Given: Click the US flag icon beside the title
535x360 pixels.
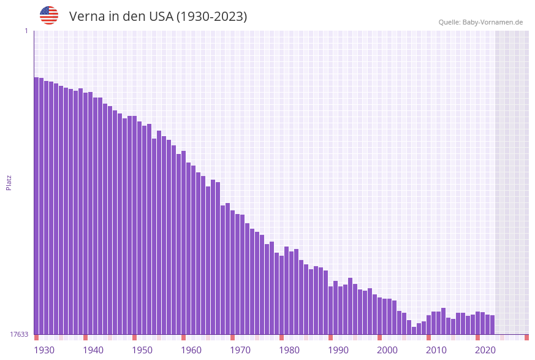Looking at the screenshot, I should (49, 15).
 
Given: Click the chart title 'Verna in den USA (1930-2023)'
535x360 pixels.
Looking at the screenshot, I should (158, 17).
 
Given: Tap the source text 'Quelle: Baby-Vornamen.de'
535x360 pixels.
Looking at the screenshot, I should (480, 22).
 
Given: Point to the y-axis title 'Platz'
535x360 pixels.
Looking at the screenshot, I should (9, 183).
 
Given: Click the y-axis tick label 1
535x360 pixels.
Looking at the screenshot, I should (26, 31).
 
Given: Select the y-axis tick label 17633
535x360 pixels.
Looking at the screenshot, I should (19, 334).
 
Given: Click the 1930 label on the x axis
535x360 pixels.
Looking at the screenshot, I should (44, 350).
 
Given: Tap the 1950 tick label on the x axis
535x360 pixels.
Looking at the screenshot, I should (142, 350).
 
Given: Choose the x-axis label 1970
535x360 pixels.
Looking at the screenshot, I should (240, 350).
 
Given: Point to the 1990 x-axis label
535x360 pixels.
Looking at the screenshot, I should (338, 350).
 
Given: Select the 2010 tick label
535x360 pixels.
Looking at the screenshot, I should (436, 350).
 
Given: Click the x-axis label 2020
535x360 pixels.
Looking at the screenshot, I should (485, 350).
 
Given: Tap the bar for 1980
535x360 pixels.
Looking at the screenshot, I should (281, 294).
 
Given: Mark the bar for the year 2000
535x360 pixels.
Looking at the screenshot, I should (379, 316).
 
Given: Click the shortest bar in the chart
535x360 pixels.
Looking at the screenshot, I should (414, 331).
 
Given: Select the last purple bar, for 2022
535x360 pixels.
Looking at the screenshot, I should (492, 324).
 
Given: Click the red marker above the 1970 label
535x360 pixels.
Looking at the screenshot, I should (232, 337).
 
